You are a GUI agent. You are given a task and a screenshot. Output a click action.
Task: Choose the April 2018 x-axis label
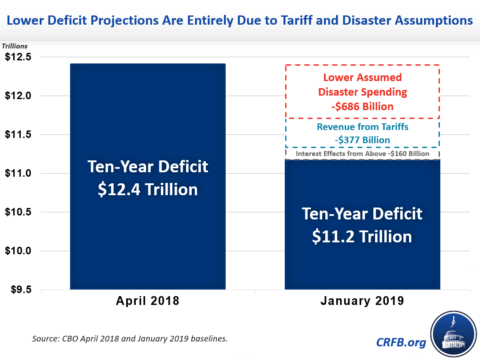(x=148, y=301)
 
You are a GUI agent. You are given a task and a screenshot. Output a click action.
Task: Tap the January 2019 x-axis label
(x=362, y=301)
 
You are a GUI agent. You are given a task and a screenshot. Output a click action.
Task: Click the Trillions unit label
(x=15, y=46)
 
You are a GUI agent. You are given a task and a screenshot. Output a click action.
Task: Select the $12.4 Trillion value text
(x=148, y=189)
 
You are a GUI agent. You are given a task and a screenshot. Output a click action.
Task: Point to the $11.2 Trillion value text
(x=362, y=237)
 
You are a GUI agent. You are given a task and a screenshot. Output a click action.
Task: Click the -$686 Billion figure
(x=362, y=107)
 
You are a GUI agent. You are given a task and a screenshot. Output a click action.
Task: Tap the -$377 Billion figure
(x=362, y=140)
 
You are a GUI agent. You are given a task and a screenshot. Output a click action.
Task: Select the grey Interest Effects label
(x=362, y=154)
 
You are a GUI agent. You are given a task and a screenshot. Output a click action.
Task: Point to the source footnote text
(x=130, y=339)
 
